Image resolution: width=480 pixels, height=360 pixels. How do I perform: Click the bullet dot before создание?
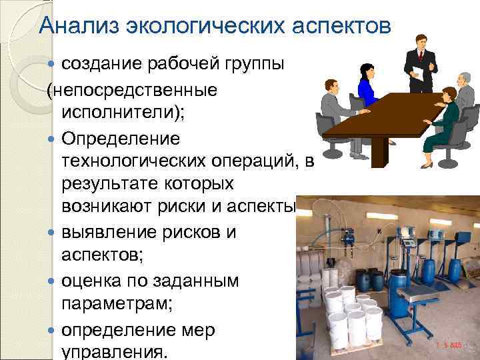(x=53, y=65)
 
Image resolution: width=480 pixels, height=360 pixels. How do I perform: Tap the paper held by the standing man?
(x=418, y=71)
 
